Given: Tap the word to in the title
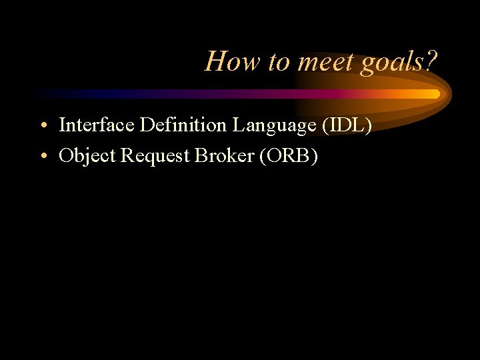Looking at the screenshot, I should tap(277, 61).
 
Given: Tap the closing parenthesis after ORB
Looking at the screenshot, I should tap(315, 155).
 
